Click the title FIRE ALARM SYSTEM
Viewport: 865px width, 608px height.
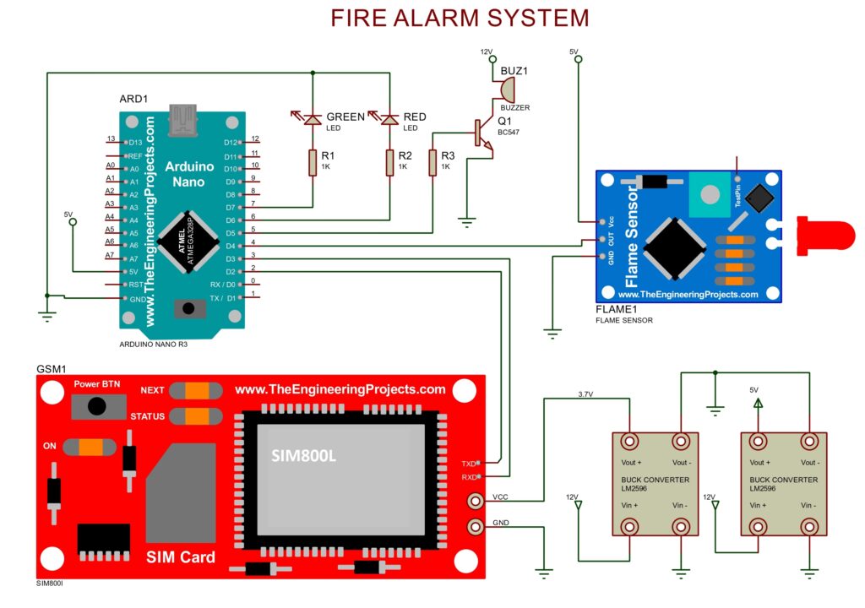coord(459,18)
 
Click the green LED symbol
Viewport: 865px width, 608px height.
coord(313,120)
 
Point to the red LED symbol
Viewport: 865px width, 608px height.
coord(389,120)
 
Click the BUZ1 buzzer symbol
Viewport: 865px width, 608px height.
coord(505,89)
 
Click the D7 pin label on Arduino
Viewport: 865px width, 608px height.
coord(231,207)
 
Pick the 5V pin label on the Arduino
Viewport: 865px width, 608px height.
coord(134,271)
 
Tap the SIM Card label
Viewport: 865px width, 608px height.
coord(180,557)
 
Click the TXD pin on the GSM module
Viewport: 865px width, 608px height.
coord(469,463)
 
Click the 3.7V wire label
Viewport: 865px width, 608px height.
coord(585,394)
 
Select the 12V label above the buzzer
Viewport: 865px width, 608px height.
coord(487,52)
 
